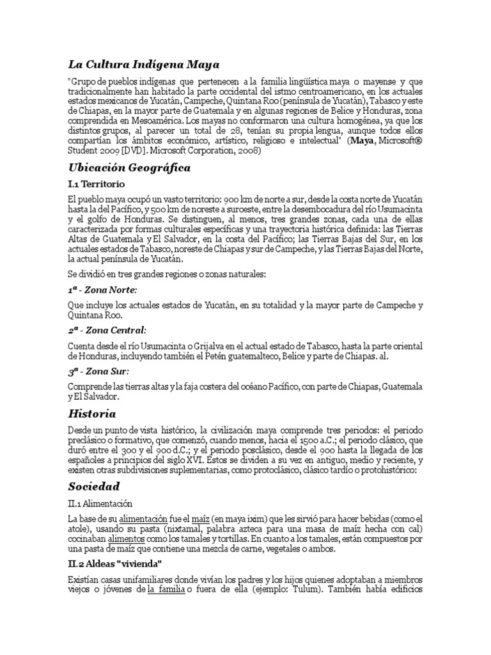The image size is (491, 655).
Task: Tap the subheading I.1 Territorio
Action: (x=97, y=184)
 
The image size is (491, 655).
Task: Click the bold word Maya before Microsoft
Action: (x=367, y=141)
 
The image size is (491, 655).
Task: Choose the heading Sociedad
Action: (x=94, y=487)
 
